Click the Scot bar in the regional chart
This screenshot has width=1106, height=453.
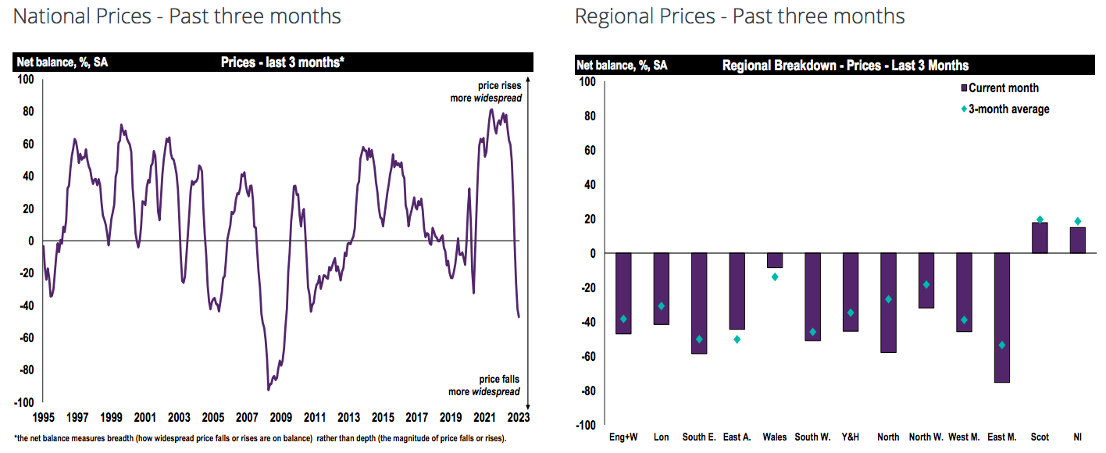click(x=1040, y=238)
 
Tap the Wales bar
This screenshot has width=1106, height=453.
click(x=775, y=261)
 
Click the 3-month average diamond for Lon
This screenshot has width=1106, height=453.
click(x=661, y=306)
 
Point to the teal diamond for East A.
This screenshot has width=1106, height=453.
click(x=737, y=339)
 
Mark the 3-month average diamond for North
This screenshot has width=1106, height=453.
click(x=888, y=299)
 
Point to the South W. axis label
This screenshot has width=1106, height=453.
click(x=812, y=437)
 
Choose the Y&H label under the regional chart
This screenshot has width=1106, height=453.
click(x=851, y=437)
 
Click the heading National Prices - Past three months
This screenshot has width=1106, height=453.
click(x=177, y=16)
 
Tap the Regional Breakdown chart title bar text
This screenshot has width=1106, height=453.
click(x=845, y=66)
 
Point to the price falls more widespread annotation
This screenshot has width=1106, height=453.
click(x=484, y=386)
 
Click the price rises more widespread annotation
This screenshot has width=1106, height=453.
click(x=486, y=92)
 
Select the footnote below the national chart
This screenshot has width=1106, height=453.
click(x=260, y=438)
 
